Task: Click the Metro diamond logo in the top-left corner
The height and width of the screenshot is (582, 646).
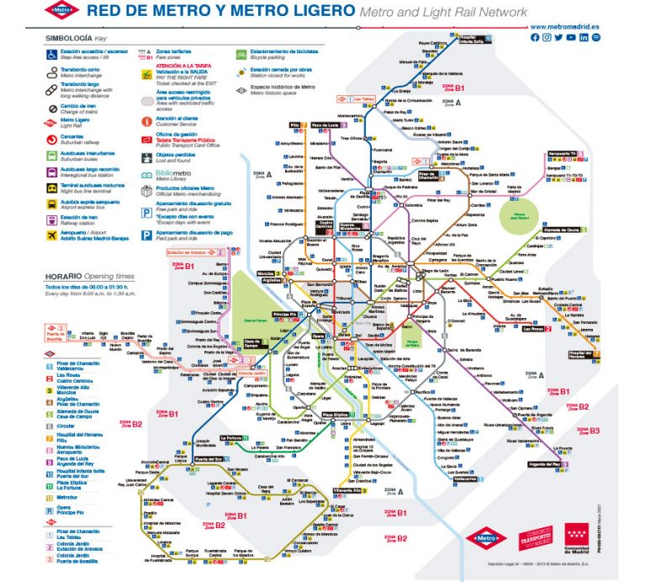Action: [x=62, y=11]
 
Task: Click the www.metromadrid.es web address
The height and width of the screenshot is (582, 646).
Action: [x=565, y=27]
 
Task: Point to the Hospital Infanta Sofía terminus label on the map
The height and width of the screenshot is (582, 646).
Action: [x=478, y=38]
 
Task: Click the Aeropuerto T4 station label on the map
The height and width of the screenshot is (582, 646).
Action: [x=560, y=154]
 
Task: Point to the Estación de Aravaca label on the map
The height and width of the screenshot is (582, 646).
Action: [x=187, y=251]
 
